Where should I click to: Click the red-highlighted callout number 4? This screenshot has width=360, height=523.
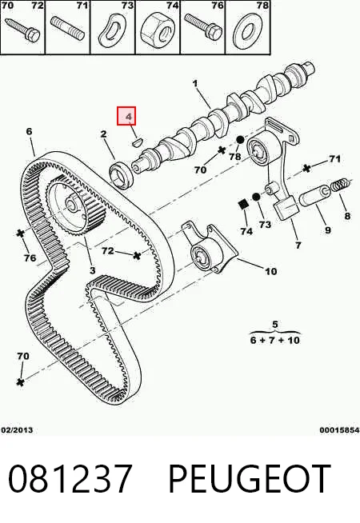tap(129, 117)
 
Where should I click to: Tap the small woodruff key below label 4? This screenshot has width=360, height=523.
tap(137, 142)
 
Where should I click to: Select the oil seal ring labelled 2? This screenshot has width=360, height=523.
tap(122, 175)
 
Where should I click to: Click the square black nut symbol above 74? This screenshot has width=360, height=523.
tap(244, 205)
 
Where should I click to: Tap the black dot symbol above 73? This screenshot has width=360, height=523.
tap(256, 197)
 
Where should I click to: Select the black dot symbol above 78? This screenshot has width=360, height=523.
tap(240, 141)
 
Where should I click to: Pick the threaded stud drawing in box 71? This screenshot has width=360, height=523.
tap(68, 30)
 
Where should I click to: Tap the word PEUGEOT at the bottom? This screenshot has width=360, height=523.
tap(250, 479)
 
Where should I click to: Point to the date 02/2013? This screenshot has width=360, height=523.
tap(17, 429)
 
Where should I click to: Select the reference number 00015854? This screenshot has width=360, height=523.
tap(340, 429)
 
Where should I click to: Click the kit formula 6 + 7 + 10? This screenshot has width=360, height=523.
tap(275, 340)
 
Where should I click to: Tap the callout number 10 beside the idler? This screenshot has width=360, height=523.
tap(271, 271)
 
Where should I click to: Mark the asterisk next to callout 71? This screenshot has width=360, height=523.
tap(306, 169)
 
